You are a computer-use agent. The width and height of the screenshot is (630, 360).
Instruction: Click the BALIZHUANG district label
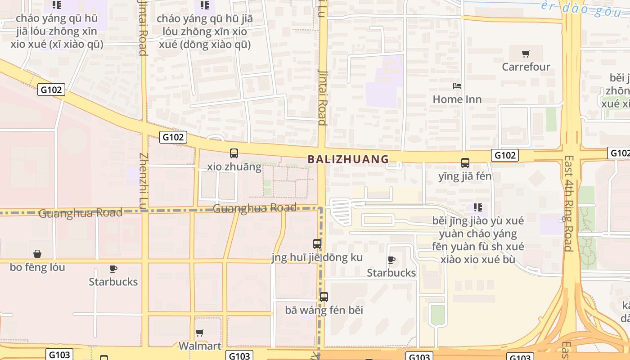pos(348,159)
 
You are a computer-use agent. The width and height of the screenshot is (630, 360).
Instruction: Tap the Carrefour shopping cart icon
pos(526,54)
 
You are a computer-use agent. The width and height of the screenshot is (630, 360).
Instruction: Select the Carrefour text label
pos(526,67)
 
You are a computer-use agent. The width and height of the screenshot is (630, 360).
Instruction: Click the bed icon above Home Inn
pos(457,85)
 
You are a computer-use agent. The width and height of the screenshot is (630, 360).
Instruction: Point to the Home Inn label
pos(457,99)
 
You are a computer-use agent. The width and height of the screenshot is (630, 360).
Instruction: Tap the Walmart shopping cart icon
pos(200,333)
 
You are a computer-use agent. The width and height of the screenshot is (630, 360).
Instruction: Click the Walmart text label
pos(200,346)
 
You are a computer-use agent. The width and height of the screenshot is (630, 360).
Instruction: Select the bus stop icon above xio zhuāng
pos(234,153)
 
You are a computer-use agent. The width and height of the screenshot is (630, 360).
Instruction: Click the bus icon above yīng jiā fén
pos(465,163)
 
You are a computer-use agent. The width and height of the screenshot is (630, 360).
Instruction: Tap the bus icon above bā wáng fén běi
pos(324,297)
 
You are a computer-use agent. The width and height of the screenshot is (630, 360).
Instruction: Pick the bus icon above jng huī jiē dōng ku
pos(317,244)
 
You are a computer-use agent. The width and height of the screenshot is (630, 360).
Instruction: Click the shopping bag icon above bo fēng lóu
pos(37,254)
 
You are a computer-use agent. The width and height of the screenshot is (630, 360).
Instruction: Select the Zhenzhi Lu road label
pos(144,180)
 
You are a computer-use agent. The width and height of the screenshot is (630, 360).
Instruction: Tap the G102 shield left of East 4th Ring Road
pos(505,155)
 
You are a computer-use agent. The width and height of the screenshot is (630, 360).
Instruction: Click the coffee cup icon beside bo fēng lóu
pos(113,269)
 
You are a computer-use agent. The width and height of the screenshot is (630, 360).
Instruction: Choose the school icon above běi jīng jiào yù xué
pos(477,207)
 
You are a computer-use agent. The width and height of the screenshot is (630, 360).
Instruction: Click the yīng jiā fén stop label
pos(465,176)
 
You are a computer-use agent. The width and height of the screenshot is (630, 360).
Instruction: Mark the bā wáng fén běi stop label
pos(324,310)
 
